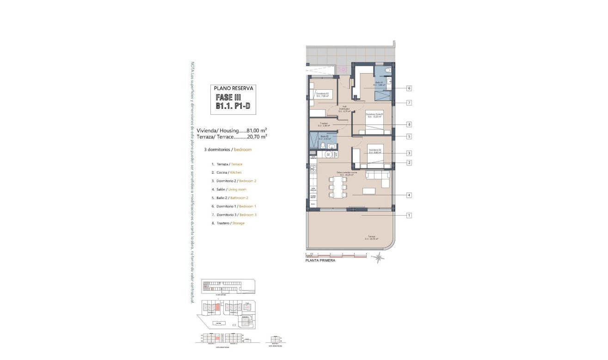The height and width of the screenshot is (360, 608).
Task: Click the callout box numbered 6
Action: [409, 88]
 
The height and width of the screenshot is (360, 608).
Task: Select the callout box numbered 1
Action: [409, 215]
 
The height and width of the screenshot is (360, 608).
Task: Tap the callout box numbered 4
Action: [409, 195]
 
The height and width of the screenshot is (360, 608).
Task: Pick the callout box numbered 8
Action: [409, 124]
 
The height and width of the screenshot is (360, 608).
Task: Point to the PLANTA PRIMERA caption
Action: [320, 261]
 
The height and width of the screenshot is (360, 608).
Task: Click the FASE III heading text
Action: [228, 98]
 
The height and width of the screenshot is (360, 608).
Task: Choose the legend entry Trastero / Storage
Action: [228, 223]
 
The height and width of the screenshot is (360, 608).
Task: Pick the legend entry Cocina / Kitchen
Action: [227, 173]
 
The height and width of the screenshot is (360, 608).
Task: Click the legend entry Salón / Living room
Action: [229, 189]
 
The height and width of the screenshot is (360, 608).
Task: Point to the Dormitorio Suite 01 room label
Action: [375, 115]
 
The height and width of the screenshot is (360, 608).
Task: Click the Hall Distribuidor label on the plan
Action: [344, 108]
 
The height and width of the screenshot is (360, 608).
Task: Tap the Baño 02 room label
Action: [324, 137]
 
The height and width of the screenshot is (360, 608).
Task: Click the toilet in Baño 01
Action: [387, 70]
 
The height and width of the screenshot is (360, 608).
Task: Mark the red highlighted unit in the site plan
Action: [217, 306]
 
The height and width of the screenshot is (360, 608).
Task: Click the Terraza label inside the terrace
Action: [371, 237]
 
